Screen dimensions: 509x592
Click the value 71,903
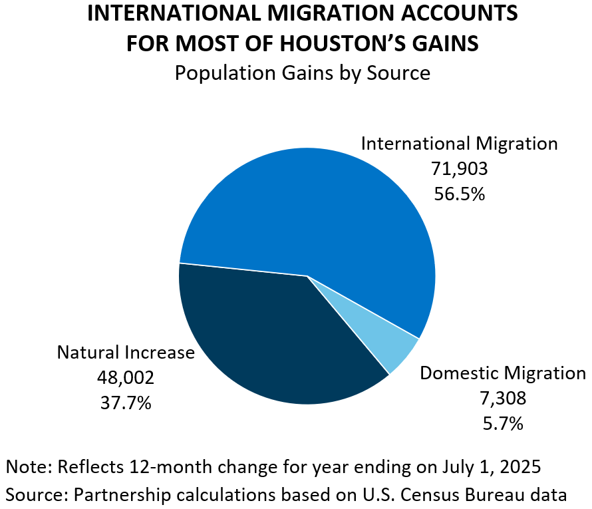[459, 169]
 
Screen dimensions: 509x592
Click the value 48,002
[126, 378]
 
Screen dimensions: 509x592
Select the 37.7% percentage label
[126, 403]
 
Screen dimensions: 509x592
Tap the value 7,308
[502, 398]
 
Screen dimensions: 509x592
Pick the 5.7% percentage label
[502, 423]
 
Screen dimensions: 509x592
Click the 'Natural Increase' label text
[126, 353]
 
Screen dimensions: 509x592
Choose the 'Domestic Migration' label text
[502, 373]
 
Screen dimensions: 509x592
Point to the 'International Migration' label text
[459, 144]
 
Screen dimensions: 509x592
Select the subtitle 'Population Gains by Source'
[302, 73]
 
